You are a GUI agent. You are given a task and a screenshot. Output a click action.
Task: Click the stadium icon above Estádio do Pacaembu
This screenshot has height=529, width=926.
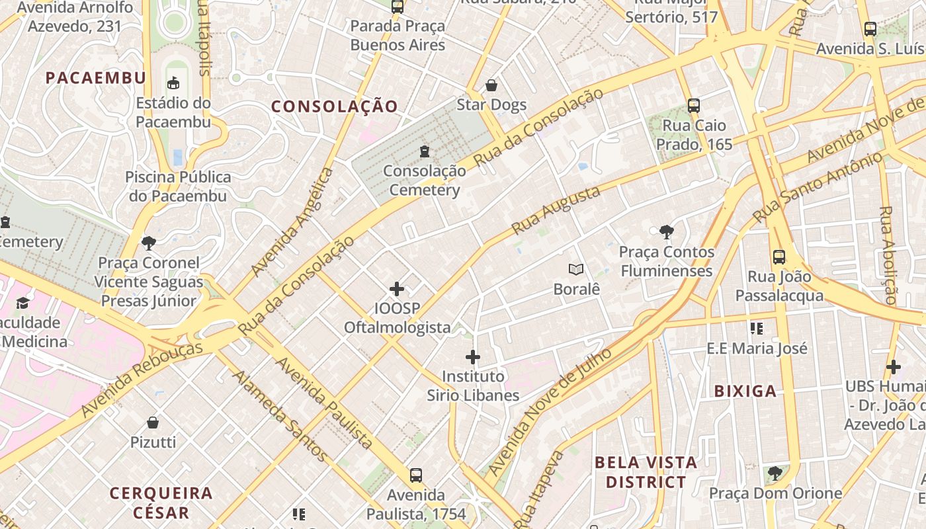pyautogui.click(x=173, y=83)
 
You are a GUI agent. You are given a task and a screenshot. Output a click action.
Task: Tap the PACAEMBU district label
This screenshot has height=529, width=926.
pyautogui.click(x=96, y=78)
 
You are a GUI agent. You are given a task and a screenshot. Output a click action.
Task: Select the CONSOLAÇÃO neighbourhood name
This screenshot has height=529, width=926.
pyautogui.click(x=335, y=106)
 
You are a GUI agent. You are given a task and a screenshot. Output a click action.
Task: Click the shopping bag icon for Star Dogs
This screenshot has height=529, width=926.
pyautogui.click(x=491, y=85)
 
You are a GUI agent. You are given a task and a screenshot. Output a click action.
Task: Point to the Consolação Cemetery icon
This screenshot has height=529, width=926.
pyautogui.click(x=424, y=151)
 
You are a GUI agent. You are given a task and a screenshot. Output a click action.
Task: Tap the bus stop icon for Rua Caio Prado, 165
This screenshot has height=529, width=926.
pyautogui.click(x=693, y=106)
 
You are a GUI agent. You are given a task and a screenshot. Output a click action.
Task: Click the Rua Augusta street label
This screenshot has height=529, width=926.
pyautogui.click(x=556, y=210)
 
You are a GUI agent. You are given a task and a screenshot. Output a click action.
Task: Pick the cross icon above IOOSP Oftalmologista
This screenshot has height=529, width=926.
pyautogui.click(x=397, y=289)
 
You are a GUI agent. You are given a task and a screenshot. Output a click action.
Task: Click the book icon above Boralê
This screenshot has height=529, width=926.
pyautogui.click(x=576, y=269)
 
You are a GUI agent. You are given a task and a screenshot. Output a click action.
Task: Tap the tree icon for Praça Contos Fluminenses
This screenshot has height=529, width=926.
pyautogui.click(x=667, y=232)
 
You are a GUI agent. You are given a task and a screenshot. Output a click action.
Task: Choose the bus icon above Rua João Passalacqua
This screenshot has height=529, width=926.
pyautogui.click(x=779, y=257)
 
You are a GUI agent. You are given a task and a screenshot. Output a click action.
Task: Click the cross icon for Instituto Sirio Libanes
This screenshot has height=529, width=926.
pyautogui.click(x=472, y=357)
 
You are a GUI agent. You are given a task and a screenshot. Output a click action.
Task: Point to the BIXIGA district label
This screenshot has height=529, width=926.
pyautogui.click(x=745, y=391)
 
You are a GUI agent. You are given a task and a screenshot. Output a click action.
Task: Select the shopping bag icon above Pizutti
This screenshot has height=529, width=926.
pyautogui.click(x=153, y=423)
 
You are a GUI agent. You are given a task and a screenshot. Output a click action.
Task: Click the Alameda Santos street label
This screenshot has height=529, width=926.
pyautogui.click(x=279, y=415)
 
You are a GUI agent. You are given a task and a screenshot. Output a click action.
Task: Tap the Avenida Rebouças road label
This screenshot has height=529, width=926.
pyautogui.click(x=142, y=380)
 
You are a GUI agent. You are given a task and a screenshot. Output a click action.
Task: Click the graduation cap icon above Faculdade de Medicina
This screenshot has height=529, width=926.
pyautogui.click(x=23, y=304)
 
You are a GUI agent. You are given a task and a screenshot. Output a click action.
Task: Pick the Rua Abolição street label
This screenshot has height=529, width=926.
pyautogui.click(x=887, y=255)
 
